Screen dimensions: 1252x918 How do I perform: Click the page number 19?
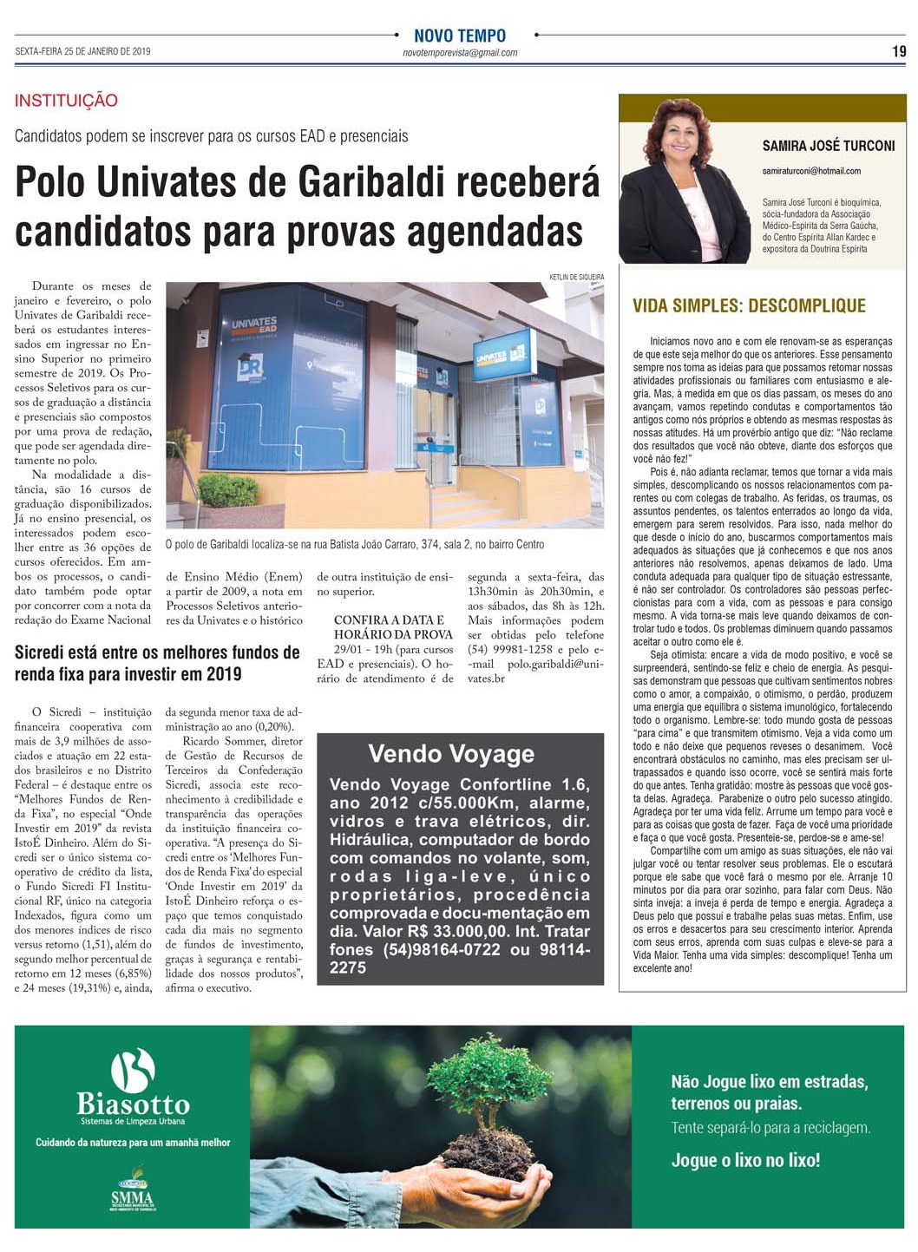point(899,51)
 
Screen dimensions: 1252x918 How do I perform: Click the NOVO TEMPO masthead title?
point(460,36)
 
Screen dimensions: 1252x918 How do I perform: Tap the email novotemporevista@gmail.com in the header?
point(460,53)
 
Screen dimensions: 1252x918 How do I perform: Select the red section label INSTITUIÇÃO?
point(66,101)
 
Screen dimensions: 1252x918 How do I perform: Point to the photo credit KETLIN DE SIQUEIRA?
point(576,277)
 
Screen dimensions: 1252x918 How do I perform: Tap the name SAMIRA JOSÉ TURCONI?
point(828,146)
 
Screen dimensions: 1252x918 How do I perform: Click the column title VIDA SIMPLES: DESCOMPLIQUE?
point(749,305)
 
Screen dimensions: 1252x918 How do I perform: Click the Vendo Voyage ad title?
point(451,754)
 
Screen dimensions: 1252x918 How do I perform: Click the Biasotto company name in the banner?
point(133,1105)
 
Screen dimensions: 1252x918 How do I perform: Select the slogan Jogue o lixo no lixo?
point(745,1160)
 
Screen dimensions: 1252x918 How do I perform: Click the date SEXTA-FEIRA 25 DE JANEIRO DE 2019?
point(83,52)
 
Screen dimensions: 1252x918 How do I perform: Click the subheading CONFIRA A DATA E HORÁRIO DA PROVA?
point(393,627)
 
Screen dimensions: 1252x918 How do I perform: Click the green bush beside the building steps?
point(228,491)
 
